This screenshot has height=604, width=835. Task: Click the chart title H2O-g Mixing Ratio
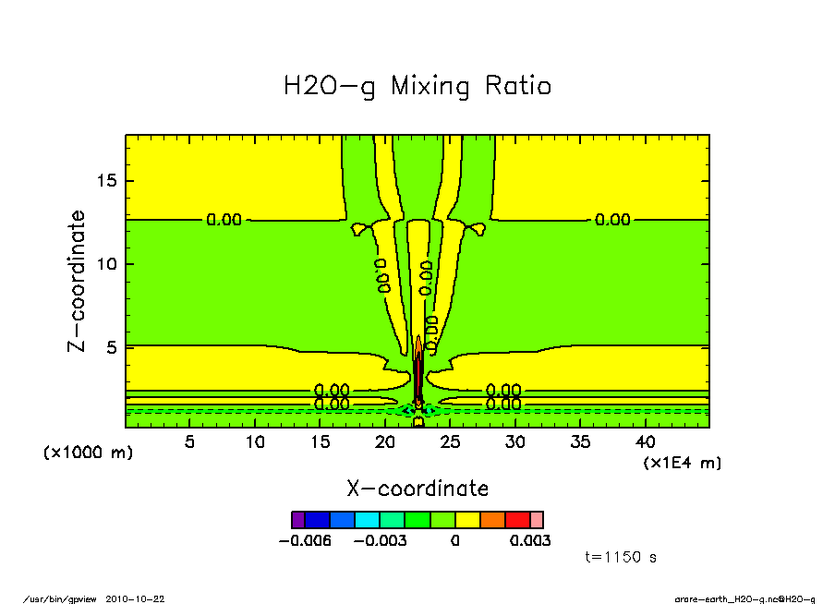click(x=417, y=87)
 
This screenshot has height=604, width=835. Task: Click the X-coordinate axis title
click(x=417, y=488)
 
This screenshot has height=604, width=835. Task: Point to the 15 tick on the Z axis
click(x=109, y=180)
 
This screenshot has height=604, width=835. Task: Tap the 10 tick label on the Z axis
click(x=109, y=264)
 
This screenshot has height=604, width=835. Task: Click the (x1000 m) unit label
click(x=89, y=453)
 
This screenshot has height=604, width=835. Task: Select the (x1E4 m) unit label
click(x=683, y=462)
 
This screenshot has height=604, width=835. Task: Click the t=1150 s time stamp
click(x=621, y=557)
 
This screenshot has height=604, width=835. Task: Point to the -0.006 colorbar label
click(x=304, y=540)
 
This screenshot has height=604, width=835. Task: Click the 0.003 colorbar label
click(x=530, y=540)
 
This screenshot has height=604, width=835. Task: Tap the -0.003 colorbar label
click(x=381, y=540)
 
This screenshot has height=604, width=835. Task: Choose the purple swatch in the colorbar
click(x=297, y=520)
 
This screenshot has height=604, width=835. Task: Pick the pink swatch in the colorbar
click(x=537, y=520)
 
